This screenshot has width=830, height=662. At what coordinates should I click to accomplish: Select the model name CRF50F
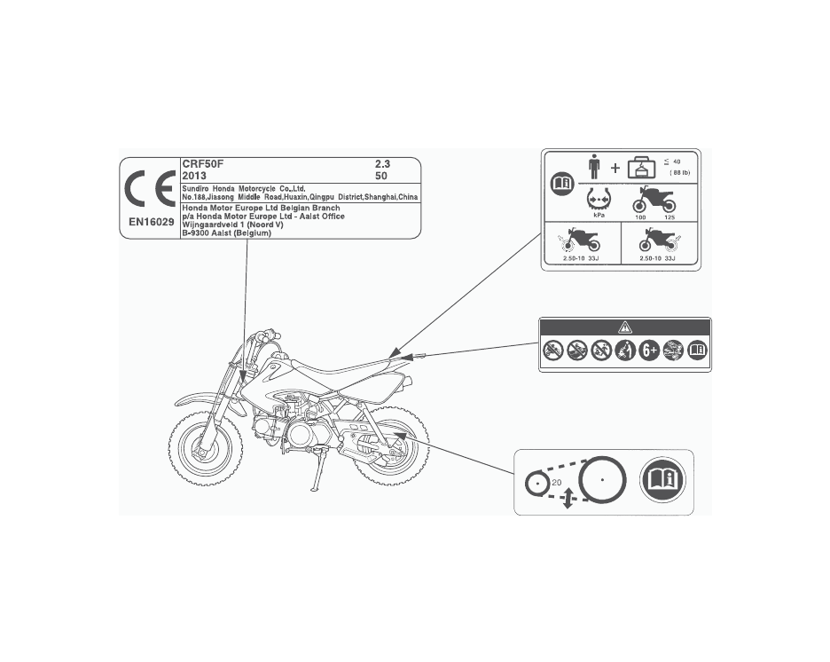tap(203, 164)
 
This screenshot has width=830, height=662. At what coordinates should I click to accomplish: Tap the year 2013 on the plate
tap(194, 176)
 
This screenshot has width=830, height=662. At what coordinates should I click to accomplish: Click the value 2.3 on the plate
tap(382, 164)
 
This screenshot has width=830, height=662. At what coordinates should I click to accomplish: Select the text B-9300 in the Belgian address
tap(196, 232)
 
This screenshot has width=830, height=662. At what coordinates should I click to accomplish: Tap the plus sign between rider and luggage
tap(615, 169)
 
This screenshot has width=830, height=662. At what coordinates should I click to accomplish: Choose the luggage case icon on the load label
tap(642, 168)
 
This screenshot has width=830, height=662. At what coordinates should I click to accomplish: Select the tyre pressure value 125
tap(670, 216)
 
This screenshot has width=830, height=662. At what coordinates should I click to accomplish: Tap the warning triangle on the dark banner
tap(624, 327)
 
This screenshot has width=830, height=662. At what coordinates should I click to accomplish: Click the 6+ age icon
tap(650, 351)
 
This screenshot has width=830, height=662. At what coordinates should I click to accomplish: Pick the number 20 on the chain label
tap(557, 482)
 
